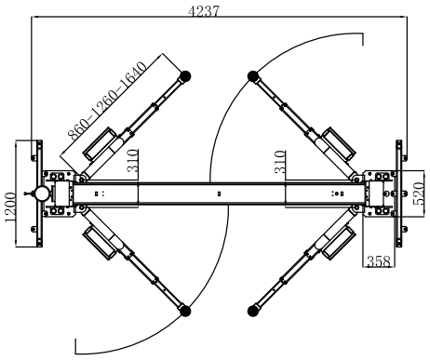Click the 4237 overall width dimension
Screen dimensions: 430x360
[x=204, y=11]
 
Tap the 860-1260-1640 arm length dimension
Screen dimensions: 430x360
[x=107, y=101]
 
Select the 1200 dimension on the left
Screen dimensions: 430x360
[x=10, y=207]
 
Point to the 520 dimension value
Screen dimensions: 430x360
[x=419, y=193]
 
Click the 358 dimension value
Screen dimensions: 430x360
[x=379, y=261]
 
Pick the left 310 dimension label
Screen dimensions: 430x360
[x=133, y=161]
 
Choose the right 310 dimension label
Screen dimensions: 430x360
[x=280, y=162]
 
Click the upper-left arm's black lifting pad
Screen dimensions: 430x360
[x=185, y=76]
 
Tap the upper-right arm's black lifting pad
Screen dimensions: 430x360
[x=253, y=76]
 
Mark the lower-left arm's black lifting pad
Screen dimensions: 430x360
[x=185, y=311]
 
